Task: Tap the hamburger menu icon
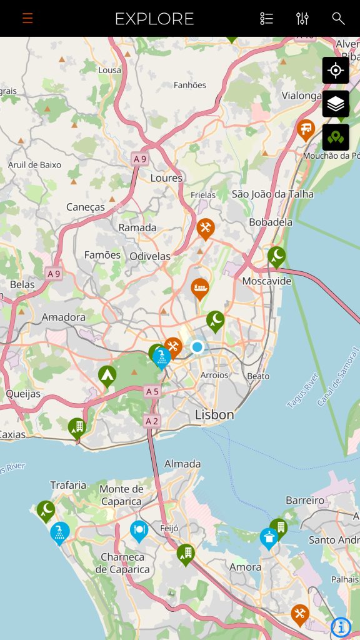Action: [27, 18]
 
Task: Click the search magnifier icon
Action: [338, 18]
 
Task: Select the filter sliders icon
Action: [302, 18]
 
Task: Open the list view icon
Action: [267, 18]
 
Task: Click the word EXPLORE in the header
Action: [154, 19]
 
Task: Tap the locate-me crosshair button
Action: [336, 70]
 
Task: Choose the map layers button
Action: [336, 104]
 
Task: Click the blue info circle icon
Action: [341, 626]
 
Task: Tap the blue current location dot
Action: [197, 346]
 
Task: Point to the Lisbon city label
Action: [214, 414]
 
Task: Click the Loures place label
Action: [166, 178]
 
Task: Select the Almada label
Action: [182, 464]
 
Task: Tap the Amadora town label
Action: [64, 317]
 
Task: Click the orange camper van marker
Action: [306, 129]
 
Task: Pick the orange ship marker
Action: [199, 288]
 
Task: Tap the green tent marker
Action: [107, 375]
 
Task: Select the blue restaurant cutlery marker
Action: [139, 530]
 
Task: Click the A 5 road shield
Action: [152, 391]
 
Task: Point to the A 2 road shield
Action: [152, 421]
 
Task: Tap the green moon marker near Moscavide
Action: [276, 255]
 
